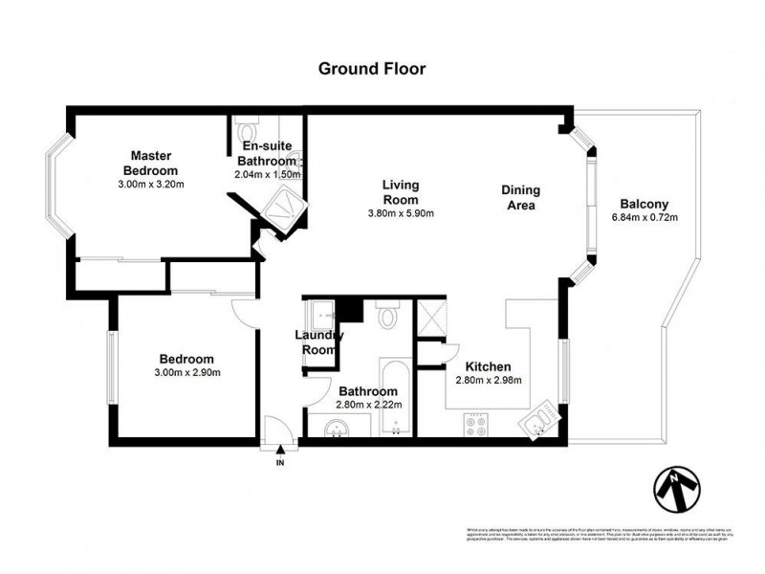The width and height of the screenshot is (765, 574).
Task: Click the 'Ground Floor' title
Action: point(371,68)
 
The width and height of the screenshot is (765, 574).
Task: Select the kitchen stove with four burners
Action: point(476,423)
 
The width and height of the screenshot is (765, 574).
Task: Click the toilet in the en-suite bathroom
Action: point(249,129)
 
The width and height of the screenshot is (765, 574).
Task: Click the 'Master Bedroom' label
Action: point(149,164)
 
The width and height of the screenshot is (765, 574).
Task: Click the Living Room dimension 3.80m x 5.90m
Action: point(401,213)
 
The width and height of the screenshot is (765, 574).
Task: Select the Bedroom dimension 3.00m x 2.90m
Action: point(189,372)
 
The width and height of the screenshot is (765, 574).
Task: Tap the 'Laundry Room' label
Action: point(317,342)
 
